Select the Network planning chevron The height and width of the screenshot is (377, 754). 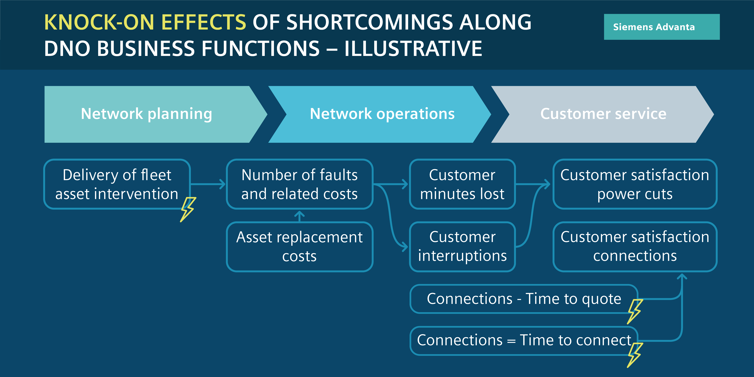click(x=155, y=114)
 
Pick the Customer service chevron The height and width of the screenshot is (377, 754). click(x=602, y=114)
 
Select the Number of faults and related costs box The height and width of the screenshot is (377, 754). click(x=299, y=184)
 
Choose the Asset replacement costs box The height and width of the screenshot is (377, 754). click(x=299, y=246)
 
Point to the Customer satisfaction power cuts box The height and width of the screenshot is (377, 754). click(x=635, y=184)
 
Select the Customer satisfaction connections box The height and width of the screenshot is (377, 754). click(x=635, y=246)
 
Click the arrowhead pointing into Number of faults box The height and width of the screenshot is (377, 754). click(x=222, y=184)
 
